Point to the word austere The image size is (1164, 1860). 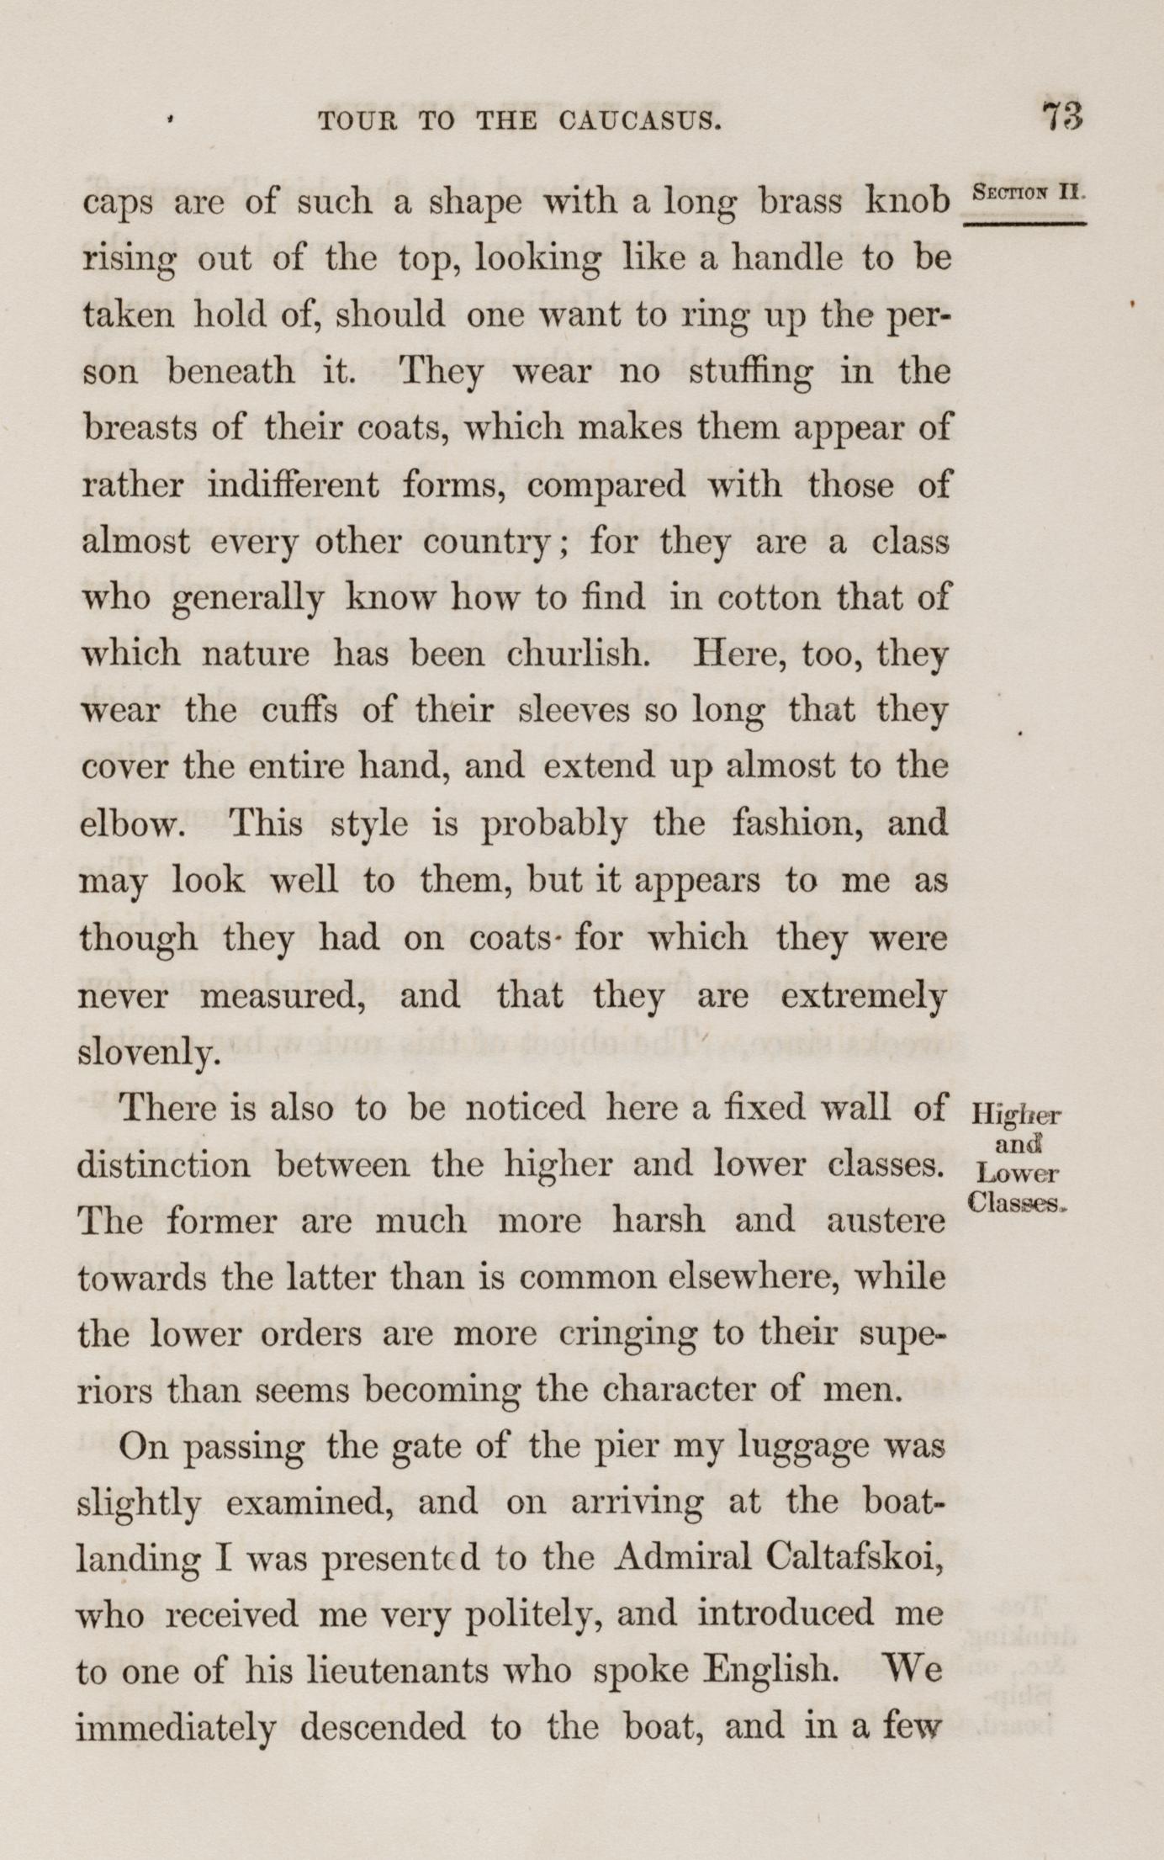click(x=886, y=1221)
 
